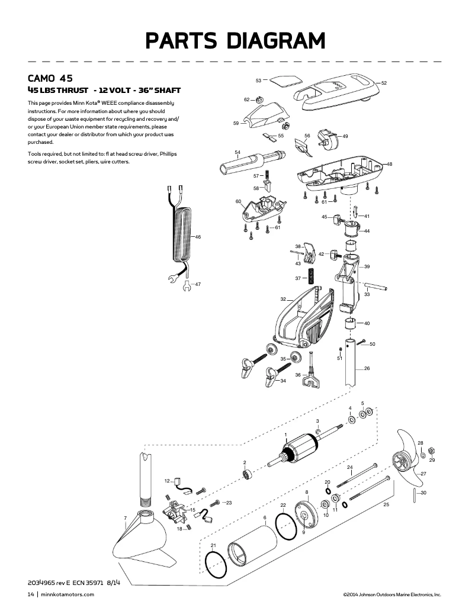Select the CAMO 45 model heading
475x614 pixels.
[x=50, y=78]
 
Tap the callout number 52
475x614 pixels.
[x=384, y=83]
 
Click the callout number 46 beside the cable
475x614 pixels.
[x=198, y=237]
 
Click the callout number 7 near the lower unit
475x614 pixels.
[x=125, y=519]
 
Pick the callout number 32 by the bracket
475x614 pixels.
[x=283, y=299]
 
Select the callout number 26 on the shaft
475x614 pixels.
[x=367, y=369]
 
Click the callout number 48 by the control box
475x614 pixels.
[x=389, y=164]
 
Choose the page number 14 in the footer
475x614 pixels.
[x=31, y=594]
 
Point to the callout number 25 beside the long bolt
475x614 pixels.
[x=386, y=505]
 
